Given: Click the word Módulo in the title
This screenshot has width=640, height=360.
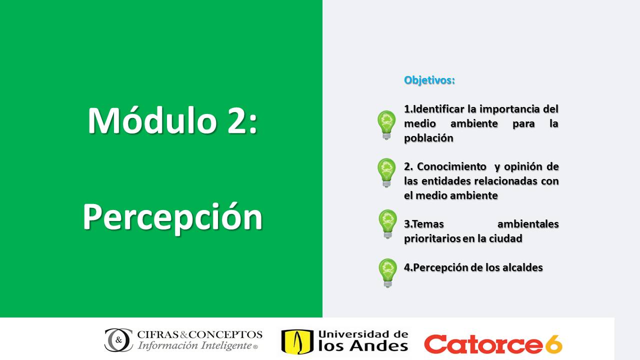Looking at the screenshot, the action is tap(152, 120).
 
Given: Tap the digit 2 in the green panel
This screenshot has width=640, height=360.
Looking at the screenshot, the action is tap(236, 121).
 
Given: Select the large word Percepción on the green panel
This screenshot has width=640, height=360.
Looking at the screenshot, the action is tap(172, 217).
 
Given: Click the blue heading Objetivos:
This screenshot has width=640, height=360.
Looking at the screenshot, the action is tap(429, 80).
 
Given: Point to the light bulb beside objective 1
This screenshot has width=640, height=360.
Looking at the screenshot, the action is tap(386, 125).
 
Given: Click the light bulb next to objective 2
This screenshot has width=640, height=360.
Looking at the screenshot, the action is tap(386, 173).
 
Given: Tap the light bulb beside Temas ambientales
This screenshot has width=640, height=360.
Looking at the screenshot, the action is tap(387, 224).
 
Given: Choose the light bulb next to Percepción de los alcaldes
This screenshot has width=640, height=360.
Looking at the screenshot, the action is tap(387, 273).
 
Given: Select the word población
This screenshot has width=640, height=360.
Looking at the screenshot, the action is tap(428, 138).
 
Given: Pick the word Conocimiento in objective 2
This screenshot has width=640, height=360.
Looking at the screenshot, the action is tap(451, 166).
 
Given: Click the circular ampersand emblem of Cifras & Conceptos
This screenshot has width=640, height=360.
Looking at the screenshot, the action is tap(118, 340).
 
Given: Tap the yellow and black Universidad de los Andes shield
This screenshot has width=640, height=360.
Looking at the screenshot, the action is tap(297, 342).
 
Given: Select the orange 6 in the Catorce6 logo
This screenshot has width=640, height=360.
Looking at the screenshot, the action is tap(553, 344).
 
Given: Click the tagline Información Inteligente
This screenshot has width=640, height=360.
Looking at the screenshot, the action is tap(194, 345).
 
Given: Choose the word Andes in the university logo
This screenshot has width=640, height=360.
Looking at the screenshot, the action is tap(379, 346).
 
